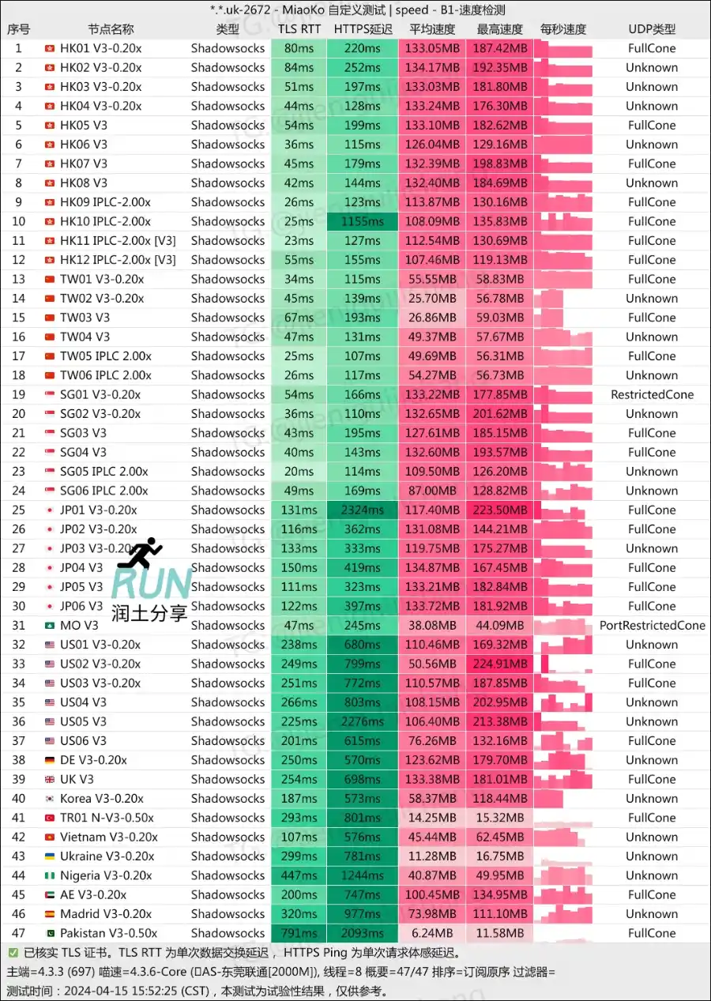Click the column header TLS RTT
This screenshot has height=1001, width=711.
coord(299,29)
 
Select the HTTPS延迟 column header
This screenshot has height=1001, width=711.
coord(363,29)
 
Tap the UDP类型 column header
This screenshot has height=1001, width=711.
coord(652,29)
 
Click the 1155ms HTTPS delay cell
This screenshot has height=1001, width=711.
coord(363,222)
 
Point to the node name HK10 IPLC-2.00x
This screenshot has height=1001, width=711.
coord(105,222)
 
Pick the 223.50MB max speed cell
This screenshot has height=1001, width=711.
coord(502,510)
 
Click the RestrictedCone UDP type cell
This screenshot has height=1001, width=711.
coord(652,395)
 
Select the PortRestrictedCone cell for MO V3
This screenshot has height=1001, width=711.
coord(652,626)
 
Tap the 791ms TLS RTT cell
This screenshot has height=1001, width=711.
coord(299,933)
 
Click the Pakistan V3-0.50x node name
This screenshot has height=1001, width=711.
coord(108,933)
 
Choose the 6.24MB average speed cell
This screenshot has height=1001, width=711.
coord(433,933)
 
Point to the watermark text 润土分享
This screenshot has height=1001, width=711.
coord(149,612)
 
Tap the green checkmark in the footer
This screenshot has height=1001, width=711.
coord(13,953)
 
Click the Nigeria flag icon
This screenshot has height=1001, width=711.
coord(50,875)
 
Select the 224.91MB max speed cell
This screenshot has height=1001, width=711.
coord(502,664)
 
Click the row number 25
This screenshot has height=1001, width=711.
coord(18,510)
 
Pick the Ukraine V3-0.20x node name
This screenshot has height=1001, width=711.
coord(108,856)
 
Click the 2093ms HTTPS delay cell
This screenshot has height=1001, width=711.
coord(363,933)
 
